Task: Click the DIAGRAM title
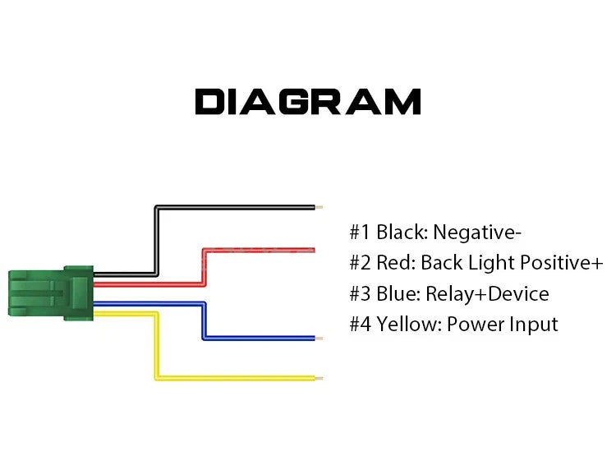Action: click(x=308, y=101)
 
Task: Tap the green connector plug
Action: click(x=51, y=293)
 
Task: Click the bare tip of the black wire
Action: click(x=319, y=207)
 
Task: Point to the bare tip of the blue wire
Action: click(x=319, y=338)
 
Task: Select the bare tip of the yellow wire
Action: click(x=319, y=378)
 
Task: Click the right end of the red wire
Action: click(x=314, y=250)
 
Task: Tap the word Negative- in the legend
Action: click(x=477, y=233)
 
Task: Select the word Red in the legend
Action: click(x=396, y=262)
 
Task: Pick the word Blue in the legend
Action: click(x=398, y=293)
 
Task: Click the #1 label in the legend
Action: click(x=360, y=232)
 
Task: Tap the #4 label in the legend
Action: click(x=360, y=325)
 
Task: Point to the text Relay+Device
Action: click(x=487, y=294)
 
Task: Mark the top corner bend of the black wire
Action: click(x=157, y=208)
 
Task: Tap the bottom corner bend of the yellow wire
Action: click(x=156, y=378)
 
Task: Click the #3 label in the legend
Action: click(x=360, y=294)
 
